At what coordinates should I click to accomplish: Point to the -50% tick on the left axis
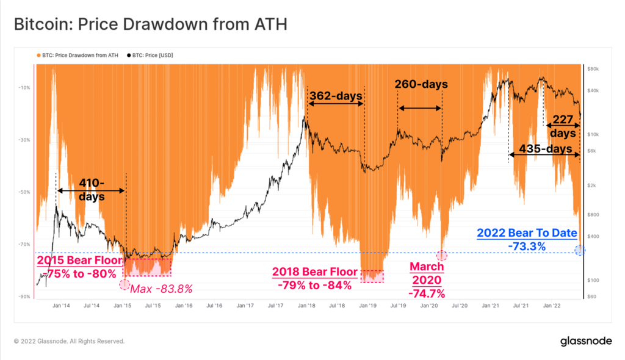pyautogui.click(x=24, y=192)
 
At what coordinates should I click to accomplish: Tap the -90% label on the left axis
pyautogui.click(x=24, y=297)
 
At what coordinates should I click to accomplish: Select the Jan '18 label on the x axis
pyautogui.click(x=306, y=305)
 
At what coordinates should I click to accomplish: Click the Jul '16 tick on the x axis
pyautogui.click(x=214, y=305)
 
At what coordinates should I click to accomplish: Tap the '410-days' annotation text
pyautogui.click(x=92, y=189)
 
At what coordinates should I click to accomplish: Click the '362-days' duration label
pyautogui.click(x=336, y=96)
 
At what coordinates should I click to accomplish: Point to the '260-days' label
pyautogui.click(x=421, y=84)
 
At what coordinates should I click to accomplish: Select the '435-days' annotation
pyautogui.click(x=544, y=149)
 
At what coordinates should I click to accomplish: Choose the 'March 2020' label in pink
pyautogui.click(x=427, y=273)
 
